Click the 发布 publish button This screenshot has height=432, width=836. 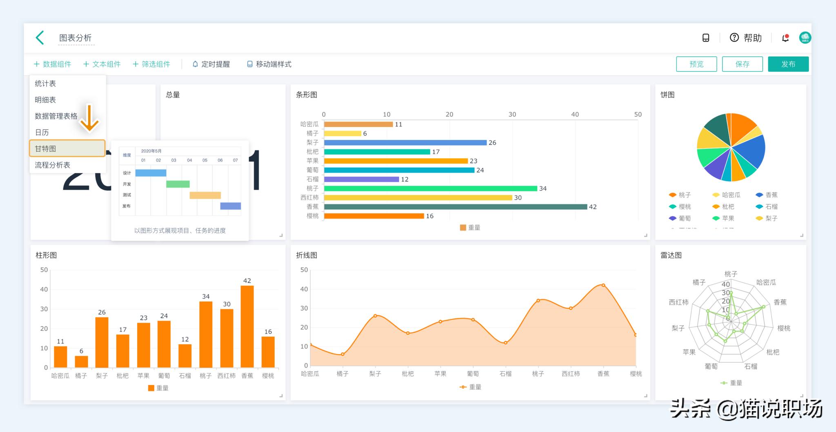point(788,64)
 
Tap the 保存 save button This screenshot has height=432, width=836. point(742,64)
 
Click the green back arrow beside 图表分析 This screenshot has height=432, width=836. point(40,38)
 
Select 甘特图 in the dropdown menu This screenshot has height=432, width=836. point(67,148)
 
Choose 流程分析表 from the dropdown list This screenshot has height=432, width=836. point(53,165)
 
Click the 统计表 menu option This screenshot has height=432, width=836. point(45,84)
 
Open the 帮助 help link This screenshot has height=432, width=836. point(746,38)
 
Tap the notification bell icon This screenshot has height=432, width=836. point(785,38)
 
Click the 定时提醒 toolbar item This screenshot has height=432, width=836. point(211,64)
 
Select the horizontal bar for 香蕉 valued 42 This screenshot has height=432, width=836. point(455,207)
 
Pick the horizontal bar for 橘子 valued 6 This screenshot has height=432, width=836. point(342,133)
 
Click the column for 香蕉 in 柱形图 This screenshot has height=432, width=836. point(247,326)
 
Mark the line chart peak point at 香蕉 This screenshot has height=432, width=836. point(603,285)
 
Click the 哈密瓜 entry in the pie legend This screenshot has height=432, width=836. point(727,195)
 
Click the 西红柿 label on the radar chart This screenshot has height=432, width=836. point(678,302)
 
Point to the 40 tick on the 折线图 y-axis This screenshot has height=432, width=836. point(304,289)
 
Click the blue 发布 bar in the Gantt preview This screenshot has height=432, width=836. point(230,206)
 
